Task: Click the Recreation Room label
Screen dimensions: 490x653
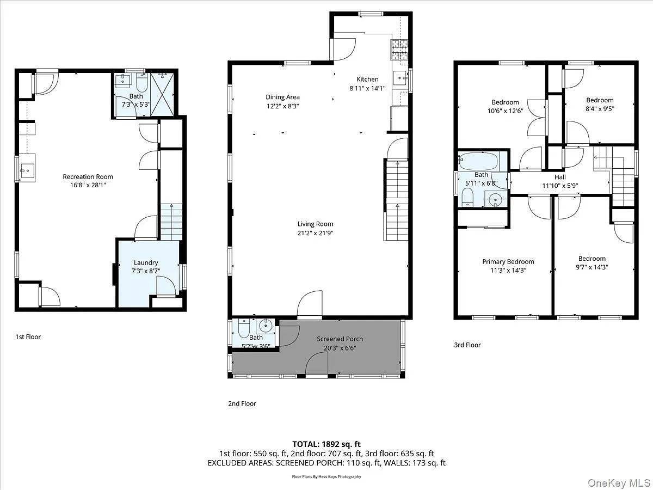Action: pyautogui.click(x=88, y=176)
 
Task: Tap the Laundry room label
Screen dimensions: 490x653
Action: pyautogui.click(x=146, y=262)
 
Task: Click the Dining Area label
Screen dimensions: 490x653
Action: pyautogui.click(x=282, y=97)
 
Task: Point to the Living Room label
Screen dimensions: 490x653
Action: pyautogui.click(x=315, y=224)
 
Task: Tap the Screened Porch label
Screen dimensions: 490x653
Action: pyautogui.click(x=340, y=339)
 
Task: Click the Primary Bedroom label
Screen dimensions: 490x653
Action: pyautogui.click(x=508, y=261)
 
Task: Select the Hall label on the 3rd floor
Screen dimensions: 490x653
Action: pyautogui.click(x=560, y=177)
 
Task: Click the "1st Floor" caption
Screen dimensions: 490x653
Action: pyautogui.click(x=28, y=337)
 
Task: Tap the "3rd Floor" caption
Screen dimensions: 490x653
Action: pyautogui.click(x=467, y=345)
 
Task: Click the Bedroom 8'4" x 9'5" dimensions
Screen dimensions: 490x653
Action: pyautogui.click(x=600, y=108)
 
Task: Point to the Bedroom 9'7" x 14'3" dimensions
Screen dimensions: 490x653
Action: pyautogui.click(x=592, y=267)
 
